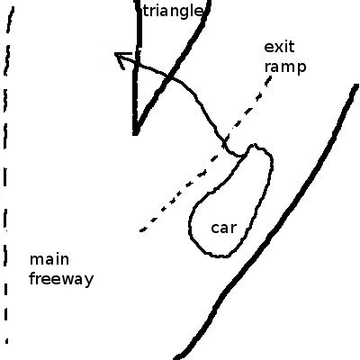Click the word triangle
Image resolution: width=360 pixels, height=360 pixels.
173,12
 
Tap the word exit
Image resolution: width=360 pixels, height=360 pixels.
279,47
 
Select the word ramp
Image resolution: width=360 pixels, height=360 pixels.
285,67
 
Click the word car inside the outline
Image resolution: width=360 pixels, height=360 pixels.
224,228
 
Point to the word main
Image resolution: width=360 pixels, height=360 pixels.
49,259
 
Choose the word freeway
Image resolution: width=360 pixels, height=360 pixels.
61,279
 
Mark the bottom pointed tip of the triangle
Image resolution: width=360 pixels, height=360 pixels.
136,133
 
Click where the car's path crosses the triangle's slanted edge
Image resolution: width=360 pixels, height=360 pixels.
170,78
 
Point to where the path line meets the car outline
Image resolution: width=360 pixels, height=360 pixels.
245,155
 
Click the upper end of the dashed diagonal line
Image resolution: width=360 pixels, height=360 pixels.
270,77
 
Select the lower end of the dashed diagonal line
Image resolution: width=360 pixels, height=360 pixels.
141,230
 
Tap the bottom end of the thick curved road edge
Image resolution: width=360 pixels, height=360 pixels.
177,358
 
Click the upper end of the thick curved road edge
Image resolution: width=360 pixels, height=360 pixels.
356,86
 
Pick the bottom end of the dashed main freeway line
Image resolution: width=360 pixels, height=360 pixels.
6,341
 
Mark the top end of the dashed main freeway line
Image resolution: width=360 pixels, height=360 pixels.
12,9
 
